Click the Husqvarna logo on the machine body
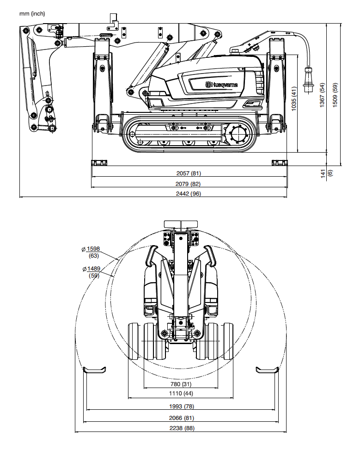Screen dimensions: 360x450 pyautogui.click(x=221, y=85)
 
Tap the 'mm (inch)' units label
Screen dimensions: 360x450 pyautogui.click(x=32, y=13)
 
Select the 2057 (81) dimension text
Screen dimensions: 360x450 pyautogui.click(x=189, y=173)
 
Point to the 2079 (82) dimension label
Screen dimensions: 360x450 pyautogui.click(x=188, y=184)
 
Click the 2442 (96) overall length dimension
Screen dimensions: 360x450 pyautogui.click(x=188, y=194)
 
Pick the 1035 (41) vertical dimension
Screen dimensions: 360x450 pyautogui.click(x=294, y=99)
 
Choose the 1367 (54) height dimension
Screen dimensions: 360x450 pyautogui.click(x=322, y=95)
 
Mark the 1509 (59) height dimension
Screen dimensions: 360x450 pyautogui.click(x=335, y=95)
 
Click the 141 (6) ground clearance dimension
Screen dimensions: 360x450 pyautogui.click(x=326, y=173)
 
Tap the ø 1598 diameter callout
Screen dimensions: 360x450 pyautogui.click(x=91, y=252)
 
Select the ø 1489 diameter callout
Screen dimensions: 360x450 pyautogui.click(x=92, y=272)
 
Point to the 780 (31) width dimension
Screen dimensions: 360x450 pyautogui.click(x=181, y=384)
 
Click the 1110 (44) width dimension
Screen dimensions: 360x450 pyautogui.click(x=181, y=394)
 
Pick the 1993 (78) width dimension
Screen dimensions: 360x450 pyautogui.click(x=181, y=407)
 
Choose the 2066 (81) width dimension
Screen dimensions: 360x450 pyautogui.click(x=181, y=418)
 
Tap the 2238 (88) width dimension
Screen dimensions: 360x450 pyautogui.click(x=182, y=428)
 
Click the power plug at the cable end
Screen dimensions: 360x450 pyautogui.click(x=308, y=80)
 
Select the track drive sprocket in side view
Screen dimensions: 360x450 pyautogui.click(x=237, y=134)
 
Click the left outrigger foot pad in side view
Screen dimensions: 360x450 pyautogui.click(x=99, y=163)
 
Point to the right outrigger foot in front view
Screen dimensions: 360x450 pyautogui.click(x=267, y=370)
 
